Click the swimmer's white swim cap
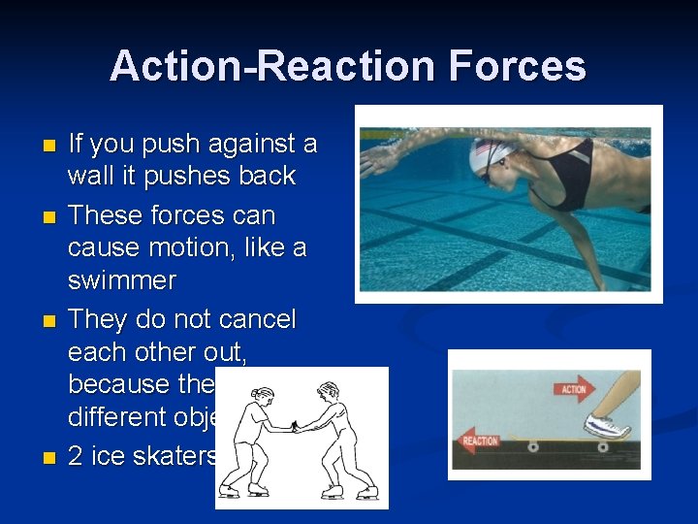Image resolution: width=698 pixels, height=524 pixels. coord(490,152)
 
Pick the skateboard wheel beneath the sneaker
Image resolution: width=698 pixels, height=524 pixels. coord(603,447)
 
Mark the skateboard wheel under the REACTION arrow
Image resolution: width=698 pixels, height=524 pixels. coord(532,447)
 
